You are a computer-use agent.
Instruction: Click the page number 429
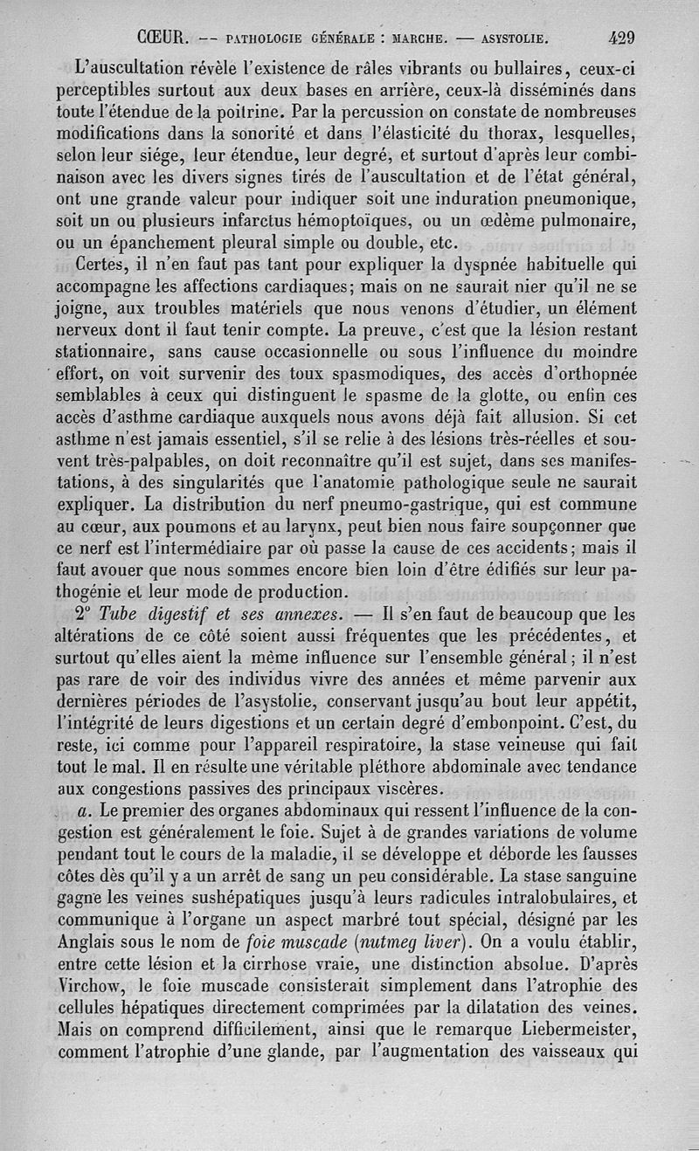point(621,38)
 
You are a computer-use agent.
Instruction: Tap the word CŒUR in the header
point(160,38)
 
